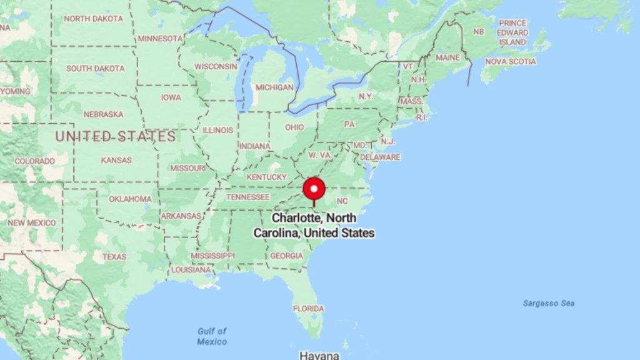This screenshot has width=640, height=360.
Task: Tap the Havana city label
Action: coord(319,355)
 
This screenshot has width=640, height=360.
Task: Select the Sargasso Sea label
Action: coord(548,304)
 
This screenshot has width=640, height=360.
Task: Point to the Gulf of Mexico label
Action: coord(212,336)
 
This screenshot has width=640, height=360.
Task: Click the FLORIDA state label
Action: coord(309,309)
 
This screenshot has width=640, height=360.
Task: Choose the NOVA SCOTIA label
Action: coord(511,62)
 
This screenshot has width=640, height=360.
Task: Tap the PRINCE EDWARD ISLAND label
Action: coord(512,32)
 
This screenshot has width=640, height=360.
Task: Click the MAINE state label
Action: coord(447,57)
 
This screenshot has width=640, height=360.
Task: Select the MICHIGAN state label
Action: coord(274,87)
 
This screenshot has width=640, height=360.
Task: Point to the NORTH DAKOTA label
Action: coord(94,19)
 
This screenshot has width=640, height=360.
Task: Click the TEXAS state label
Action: coord(114,257)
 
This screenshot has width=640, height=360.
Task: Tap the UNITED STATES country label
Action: coord(116,136)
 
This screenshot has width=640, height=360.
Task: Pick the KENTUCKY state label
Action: coord(266,177)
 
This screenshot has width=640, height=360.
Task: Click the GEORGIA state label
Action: coord(286,256)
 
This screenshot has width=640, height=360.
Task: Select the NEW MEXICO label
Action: coord(31,223)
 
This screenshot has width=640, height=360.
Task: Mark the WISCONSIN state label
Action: coord(216,66)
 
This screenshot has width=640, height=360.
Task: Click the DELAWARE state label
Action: coord(380,157)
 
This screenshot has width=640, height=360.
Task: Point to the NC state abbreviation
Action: coord(342,201)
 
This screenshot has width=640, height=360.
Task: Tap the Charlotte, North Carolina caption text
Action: coord(314,225)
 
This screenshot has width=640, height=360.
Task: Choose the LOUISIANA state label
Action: coord(191,270)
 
